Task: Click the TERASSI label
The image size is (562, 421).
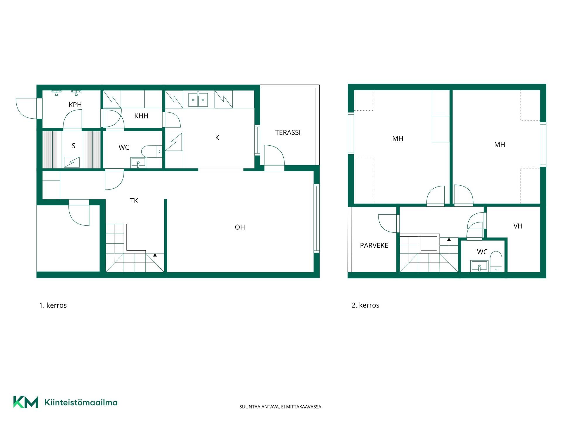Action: pos(288,132)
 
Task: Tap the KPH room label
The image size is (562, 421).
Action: pos(75,105)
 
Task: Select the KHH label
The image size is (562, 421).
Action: pos(141,116)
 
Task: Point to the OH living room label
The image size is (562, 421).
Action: pos(240,227)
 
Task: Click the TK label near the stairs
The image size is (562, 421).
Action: pos(134,201)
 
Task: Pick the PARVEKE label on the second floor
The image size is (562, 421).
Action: pos(374,246)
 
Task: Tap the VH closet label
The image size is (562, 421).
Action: pos(518,226)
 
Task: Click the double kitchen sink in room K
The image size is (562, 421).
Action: pos(198,99)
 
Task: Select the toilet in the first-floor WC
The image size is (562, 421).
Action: pos(152,151)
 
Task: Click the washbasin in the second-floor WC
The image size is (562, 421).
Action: pos(479,266)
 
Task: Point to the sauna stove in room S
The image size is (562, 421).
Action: pos(72,162)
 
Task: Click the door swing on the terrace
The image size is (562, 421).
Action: pos(274,155)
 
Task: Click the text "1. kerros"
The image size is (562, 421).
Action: pos(53,305)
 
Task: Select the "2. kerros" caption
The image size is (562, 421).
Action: pos(365,305)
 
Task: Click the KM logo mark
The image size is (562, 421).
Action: pos(26,402)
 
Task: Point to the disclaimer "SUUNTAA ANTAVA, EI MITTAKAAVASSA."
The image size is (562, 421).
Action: pos(281,407)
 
